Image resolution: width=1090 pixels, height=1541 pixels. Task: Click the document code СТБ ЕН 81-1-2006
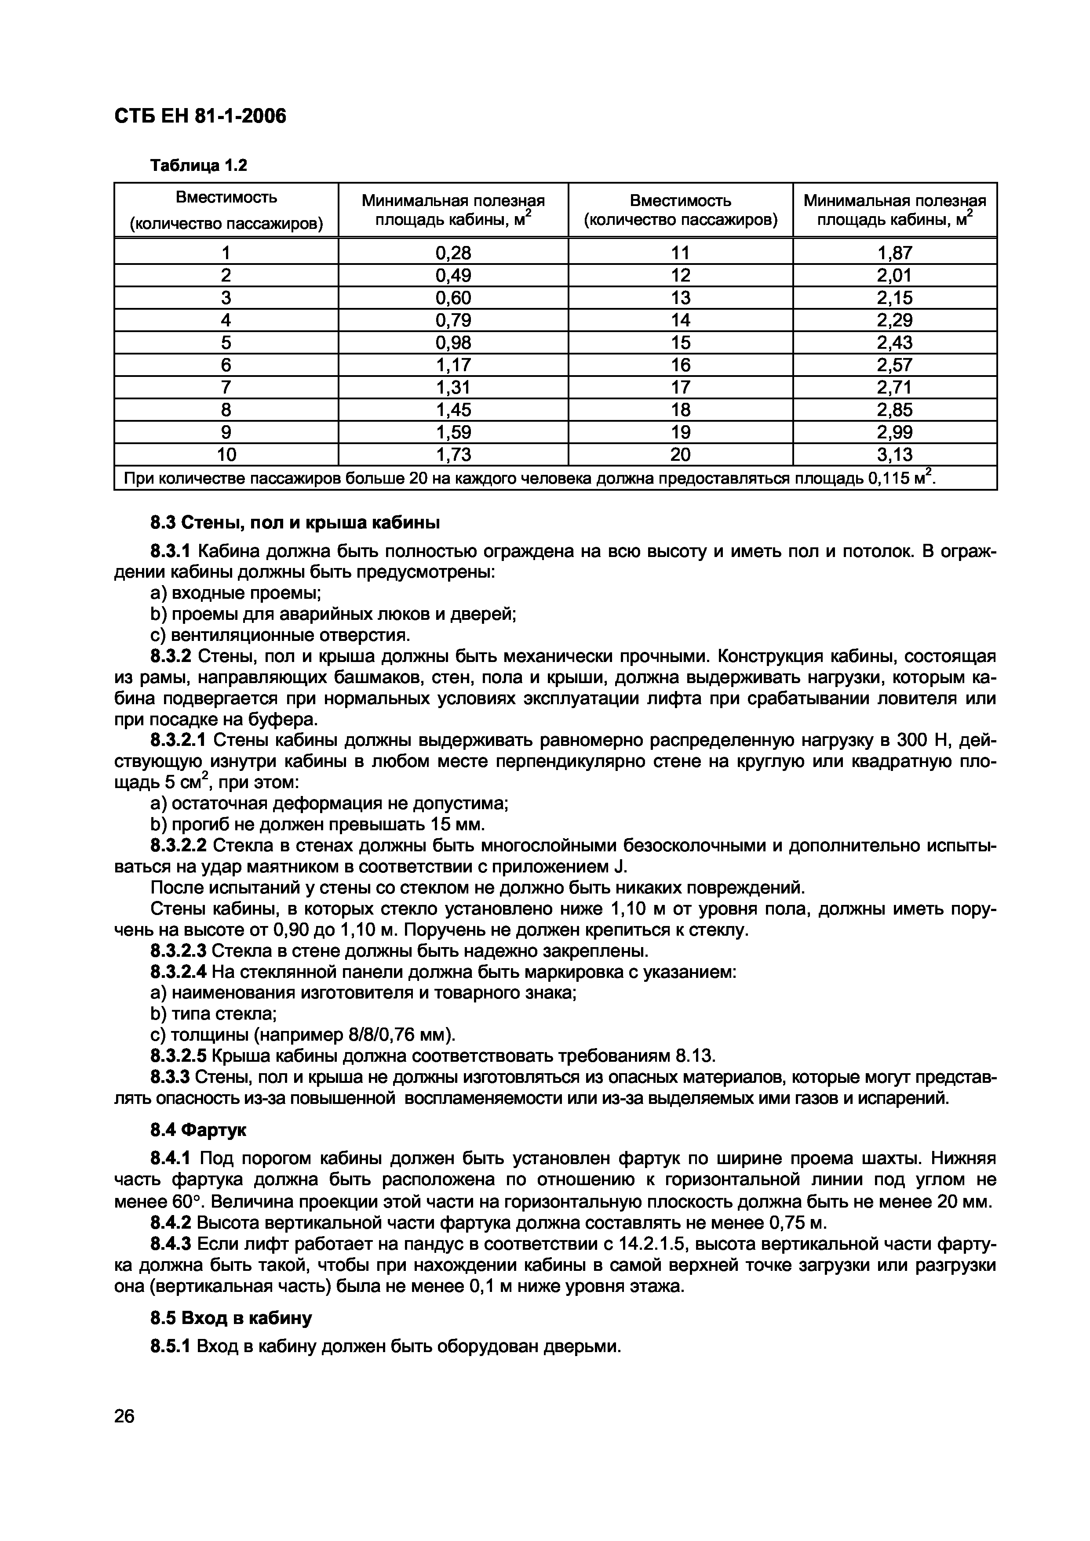(x=200, y=117)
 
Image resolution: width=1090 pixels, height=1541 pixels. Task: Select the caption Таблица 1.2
(x=199, y=165)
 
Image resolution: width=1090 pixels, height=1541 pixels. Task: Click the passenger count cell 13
(x=680, y=298)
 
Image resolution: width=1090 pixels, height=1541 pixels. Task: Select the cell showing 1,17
(x=453, y=365)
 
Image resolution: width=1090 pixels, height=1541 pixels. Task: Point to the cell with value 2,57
(x=895, y=365)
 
